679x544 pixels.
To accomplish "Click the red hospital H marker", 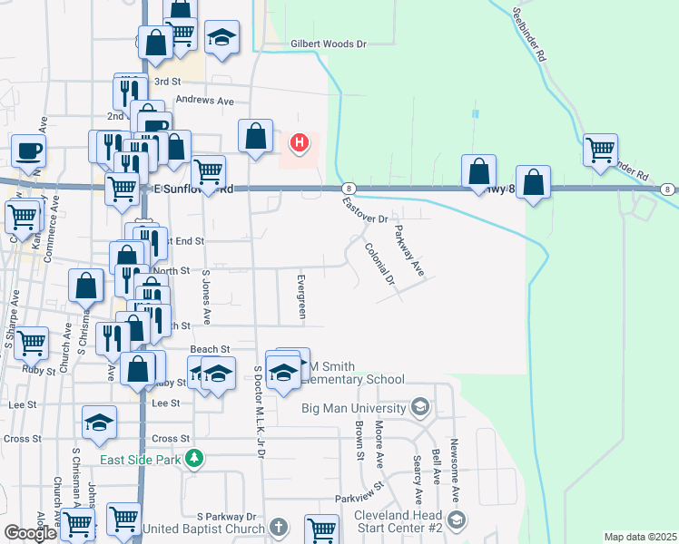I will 300,142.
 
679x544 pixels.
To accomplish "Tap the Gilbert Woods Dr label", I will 328,44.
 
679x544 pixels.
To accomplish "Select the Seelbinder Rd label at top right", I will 529,34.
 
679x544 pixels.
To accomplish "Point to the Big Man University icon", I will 419,407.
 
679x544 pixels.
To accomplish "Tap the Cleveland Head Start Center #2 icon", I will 456,520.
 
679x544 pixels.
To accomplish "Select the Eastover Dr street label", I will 365,211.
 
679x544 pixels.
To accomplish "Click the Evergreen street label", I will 302,295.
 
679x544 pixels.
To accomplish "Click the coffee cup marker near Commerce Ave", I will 28,150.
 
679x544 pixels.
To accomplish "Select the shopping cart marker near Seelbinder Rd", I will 600,150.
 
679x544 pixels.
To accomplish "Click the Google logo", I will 30,533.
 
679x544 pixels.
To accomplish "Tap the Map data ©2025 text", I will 640,537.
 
